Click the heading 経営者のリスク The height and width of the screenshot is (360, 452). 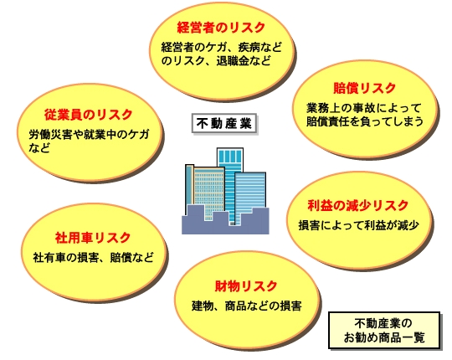221,28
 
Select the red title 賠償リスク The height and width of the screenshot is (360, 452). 364,88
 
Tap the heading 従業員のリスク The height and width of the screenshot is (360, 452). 88,115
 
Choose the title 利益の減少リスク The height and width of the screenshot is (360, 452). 357,205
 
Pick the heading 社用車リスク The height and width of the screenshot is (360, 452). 93,238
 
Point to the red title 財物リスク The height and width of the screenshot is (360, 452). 246,286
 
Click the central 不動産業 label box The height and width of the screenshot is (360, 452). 224,124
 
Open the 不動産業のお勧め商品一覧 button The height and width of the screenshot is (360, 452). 384,331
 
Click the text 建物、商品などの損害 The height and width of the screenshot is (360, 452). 247,306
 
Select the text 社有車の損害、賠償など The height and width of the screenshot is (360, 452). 94,257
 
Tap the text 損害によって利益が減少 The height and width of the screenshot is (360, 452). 358,225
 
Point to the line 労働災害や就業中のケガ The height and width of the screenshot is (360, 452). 89,135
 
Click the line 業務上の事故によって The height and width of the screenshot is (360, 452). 364,108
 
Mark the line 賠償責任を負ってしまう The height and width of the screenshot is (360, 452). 365,121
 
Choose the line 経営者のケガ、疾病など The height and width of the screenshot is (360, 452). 221,47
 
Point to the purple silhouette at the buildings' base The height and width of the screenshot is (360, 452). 225,224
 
